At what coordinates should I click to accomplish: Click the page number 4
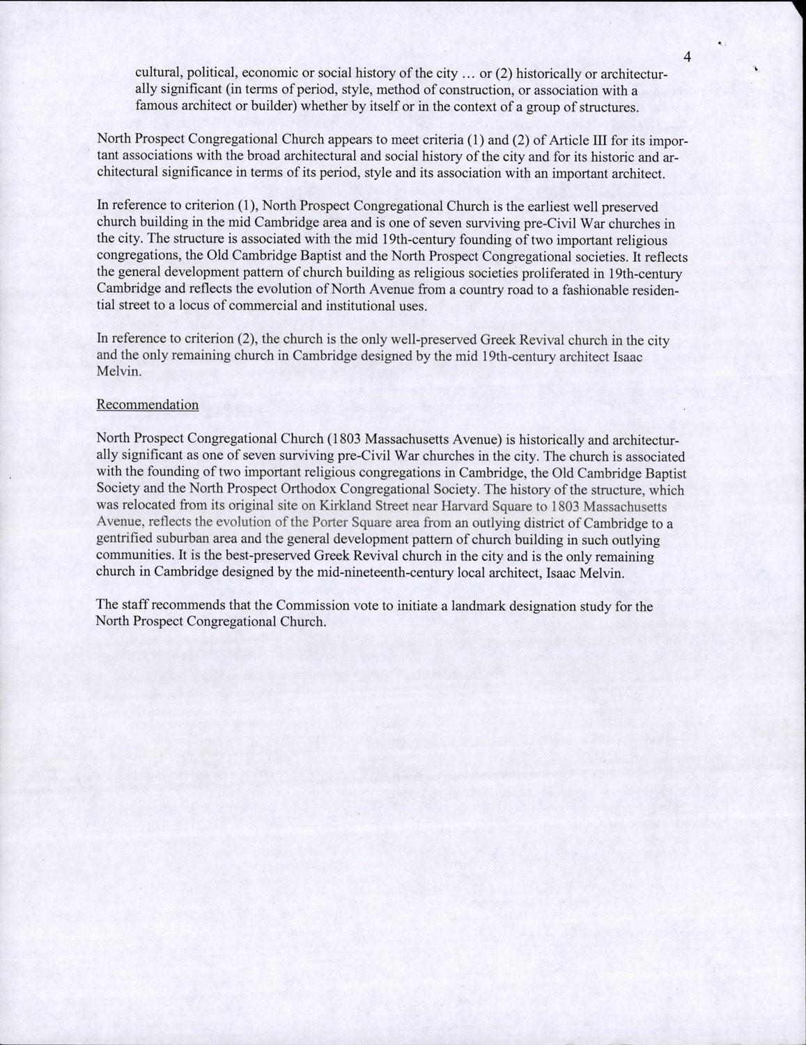coord(687,57)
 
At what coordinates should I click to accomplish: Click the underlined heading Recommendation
coord(147,405)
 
